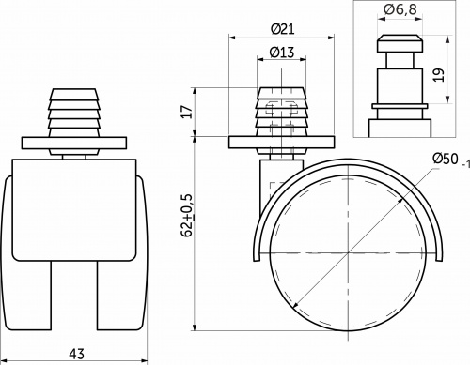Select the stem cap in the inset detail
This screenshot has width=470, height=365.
tap(399, 44)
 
